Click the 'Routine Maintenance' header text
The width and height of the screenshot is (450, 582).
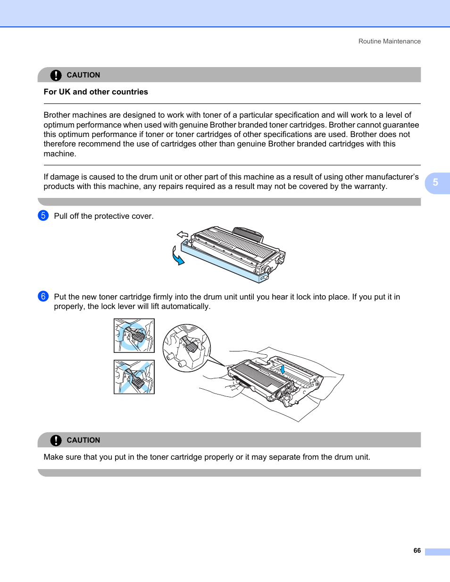(x=389, y=42)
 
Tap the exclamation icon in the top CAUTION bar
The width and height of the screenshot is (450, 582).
(x=56, y=75)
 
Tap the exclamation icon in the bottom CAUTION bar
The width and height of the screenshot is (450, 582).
(x=56, y=440)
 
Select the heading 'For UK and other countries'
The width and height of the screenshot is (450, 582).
(x=96, y=92)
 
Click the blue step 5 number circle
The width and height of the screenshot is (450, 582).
(x=42, y=216)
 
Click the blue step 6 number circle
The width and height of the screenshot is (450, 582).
(x=42, y=297)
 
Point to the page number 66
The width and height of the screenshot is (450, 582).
(x=417, y=551)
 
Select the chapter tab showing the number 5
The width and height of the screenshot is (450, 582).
(x=435, y=183)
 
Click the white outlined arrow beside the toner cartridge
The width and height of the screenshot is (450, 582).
(x=183, y=234)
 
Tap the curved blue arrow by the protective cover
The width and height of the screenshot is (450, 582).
(x=177, y=257)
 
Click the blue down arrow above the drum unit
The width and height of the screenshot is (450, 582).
(x=282, y=368)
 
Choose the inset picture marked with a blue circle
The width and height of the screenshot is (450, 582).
(x=134, y=335)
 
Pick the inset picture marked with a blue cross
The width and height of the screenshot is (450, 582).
(x=134, y=377)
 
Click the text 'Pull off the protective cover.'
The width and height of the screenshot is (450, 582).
(x=104, y=216)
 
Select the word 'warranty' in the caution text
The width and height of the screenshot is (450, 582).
(x=370, y=187)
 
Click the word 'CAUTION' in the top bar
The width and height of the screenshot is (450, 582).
(x=83, y=75)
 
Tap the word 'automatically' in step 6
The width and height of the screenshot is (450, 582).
(x=185, y=307)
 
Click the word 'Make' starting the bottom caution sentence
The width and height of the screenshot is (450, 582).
(x=53, y=457)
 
